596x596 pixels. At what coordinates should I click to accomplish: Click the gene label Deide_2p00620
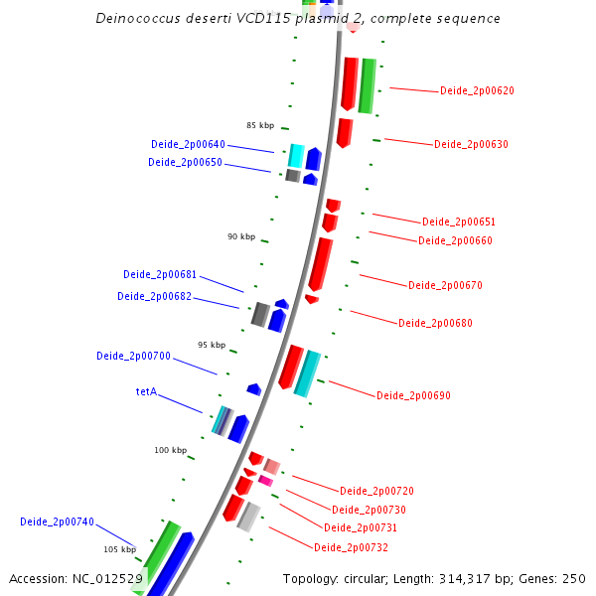pyautogui.click(x=477, y=91)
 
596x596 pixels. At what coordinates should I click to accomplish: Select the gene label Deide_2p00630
pyautogui.click(x=471, y=145)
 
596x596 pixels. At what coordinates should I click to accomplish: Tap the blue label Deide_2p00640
pyautogui.click(x=188, y=145)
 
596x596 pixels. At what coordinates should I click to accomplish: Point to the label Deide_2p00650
pyautogui.click(x=185, y=163)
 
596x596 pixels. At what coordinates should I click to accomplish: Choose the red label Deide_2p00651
pyautogui.click(x=458, y=223)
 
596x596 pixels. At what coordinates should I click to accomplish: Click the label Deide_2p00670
pyautogui.click(x=445, y=286)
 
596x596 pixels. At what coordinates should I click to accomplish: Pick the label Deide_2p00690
pyautogui.click(x=413, y=396)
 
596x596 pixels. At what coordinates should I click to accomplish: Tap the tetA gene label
pyautogui.click(x=146, y=392)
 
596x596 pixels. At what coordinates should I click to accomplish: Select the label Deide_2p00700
pyautogui.click(x=133, y=357)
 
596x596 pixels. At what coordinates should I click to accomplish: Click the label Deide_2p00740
pyautogui.click(x=57, y=522)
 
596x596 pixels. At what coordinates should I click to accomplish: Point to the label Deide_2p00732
pyautogui.click(x=351, y=548)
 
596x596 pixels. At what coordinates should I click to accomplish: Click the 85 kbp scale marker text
pyautogui.click(x=260, y=126)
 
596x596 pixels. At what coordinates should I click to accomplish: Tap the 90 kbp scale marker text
pyautogui.click(x=241, y=237)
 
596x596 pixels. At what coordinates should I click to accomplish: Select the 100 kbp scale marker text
pyautogui.click(x=170, y=451)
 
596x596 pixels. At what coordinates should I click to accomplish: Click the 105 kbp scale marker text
pyautogui.click(x=119, y=549)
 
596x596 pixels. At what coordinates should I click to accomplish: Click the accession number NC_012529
pyautogui.click(x=108, y=579)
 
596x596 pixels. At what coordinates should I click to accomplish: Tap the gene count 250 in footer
pyautogui.click(x=574, y=579)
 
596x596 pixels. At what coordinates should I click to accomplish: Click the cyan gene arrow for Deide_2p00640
pyautogui.click(x=296, y=155)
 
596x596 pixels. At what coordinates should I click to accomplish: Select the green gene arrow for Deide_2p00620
pyautogui.click(x=367, y=84)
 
